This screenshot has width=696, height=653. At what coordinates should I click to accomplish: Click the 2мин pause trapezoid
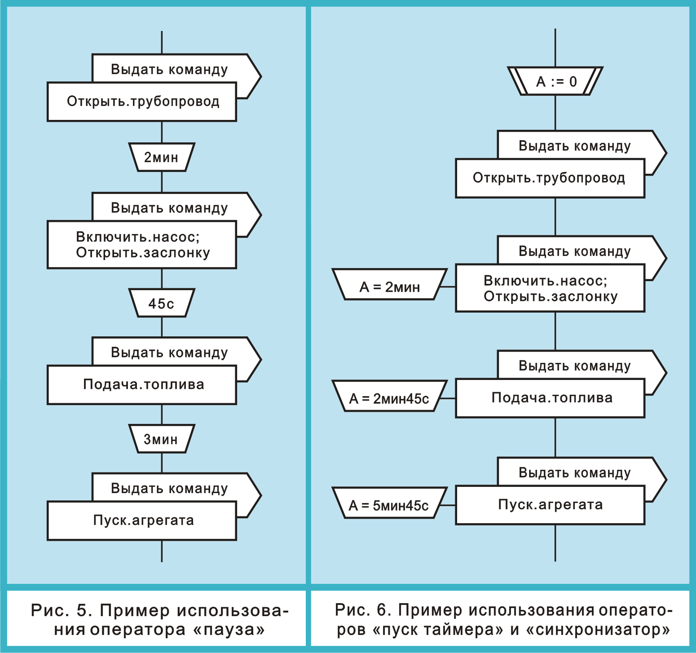click(161, 157)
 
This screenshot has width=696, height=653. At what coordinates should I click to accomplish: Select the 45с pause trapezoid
click(161, 303)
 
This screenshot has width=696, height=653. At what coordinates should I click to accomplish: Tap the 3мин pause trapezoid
click(161, 439)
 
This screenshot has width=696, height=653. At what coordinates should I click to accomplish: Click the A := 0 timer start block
click(555, 81)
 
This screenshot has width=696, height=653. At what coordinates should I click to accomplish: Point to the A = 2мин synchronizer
click(389, 286)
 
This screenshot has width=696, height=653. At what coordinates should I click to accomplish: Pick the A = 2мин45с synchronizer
click(389, 398)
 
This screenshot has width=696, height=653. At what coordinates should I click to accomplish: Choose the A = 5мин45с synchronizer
click(389, 505)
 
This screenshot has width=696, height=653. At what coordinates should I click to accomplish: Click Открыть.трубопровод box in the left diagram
click(142, 101)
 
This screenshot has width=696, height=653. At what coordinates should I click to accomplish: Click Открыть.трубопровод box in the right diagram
click(550, 178)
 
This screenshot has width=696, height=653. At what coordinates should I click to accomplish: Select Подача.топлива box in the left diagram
click(142, 385)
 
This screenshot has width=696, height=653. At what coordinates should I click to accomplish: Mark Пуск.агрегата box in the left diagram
click(142, 521)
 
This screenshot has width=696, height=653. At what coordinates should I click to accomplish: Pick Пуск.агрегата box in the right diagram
click(551, 505)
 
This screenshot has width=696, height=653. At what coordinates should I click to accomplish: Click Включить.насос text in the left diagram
click(137, 237)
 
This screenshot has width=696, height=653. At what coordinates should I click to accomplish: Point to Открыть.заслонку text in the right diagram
click(551, 297)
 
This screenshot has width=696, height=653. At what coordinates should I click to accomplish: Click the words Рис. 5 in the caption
click(61, 610)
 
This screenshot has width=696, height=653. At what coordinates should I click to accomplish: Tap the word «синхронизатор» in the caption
click(598, 630)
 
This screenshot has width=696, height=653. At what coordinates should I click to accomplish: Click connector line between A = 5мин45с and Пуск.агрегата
click(447, 505)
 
